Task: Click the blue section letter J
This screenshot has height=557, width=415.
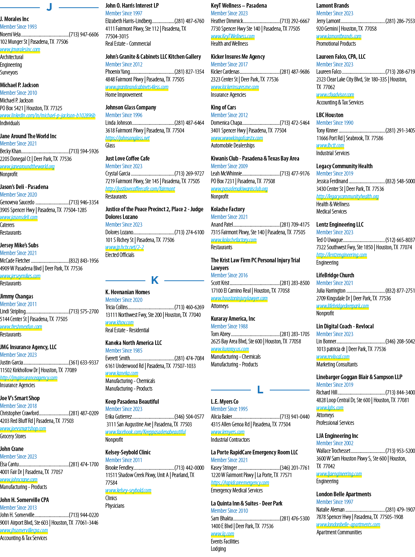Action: point(49,7)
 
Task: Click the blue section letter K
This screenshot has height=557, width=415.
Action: point(155,280)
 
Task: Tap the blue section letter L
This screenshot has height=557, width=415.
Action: point(260,390)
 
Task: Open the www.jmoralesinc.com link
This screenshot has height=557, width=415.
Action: point(20,50)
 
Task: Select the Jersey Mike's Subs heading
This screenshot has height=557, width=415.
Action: point(19,245)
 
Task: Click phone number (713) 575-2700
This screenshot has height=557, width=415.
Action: point(84,312)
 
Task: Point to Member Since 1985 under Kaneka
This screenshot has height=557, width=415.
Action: point(124,350)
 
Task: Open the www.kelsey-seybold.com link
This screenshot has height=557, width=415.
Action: point(128,490)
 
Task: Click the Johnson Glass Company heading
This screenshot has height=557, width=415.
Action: point(131,108)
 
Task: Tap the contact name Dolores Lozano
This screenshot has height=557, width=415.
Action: point(120,232)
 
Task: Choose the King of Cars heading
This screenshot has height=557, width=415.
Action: point(223,108)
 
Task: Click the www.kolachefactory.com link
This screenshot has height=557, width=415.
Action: point(234,240)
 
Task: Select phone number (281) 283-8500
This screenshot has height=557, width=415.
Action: point(295,283)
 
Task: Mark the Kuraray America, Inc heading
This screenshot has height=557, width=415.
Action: point(233,318)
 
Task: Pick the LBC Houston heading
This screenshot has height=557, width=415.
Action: point(330,115)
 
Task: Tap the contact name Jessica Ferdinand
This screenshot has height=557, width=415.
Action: point(332,181)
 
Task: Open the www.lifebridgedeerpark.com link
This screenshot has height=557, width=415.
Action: point(342,306)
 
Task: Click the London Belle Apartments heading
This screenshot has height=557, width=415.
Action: point(344,494)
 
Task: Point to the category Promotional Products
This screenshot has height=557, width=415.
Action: point(336,44)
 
